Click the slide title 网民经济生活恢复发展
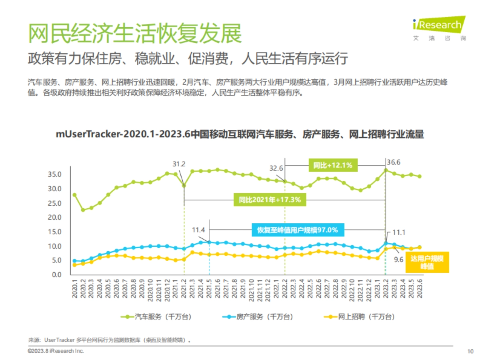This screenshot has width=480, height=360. (x=135, y=33)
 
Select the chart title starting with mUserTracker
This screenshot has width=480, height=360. (x=240, y=134)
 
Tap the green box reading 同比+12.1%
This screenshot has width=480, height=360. (x=333, y=165)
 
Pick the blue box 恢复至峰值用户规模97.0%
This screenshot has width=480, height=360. (x=298, y=230)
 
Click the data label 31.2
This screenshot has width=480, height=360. (x=179, y=164)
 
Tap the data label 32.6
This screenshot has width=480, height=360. (x=276, y=168)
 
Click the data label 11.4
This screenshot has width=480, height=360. (x=198, y=230)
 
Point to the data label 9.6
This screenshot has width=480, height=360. (x=399, y=260)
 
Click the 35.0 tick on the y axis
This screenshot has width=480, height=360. (x=54, y=174)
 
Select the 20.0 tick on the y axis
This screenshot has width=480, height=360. (x=54, y=217)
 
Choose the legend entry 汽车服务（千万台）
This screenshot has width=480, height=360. (x=156, y=317)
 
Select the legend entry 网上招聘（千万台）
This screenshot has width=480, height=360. (x=359, y=317)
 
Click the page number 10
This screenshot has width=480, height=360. (x=470, y=351)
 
